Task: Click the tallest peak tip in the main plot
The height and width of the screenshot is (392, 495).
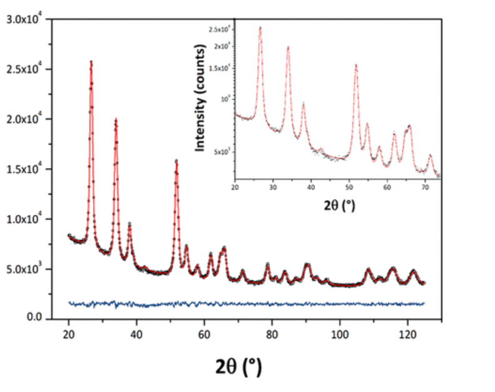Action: click(91, 61)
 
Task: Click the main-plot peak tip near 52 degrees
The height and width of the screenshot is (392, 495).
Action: click(176, 161)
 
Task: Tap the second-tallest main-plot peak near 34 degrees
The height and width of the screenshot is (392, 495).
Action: click(116, 119)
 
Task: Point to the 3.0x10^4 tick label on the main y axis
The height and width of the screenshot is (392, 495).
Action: click(24, 19)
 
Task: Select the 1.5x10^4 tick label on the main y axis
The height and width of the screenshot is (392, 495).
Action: click(24, 169)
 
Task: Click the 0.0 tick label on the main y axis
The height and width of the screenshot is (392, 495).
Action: click(33, 319)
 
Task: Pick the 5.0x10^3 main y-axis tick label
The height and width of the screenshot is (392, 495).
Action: click(24, 269)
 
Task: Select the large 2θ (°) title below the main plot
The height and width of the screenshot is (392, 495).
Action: click(231, 367)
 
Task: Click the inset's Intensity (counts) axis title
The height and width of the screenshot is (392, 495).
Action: click(201, 97)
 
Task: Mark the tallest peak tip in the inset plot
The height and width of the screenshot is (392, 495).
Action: click(260, 28)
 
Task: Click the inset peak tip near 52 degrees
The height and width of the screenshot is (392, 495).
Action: click(356, 65)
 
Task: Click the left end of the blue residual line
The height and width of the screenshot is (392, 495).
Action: click(69, 303)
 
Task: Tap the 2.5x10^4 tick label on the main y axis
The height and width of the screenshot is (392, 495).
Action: click(24, 69)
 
